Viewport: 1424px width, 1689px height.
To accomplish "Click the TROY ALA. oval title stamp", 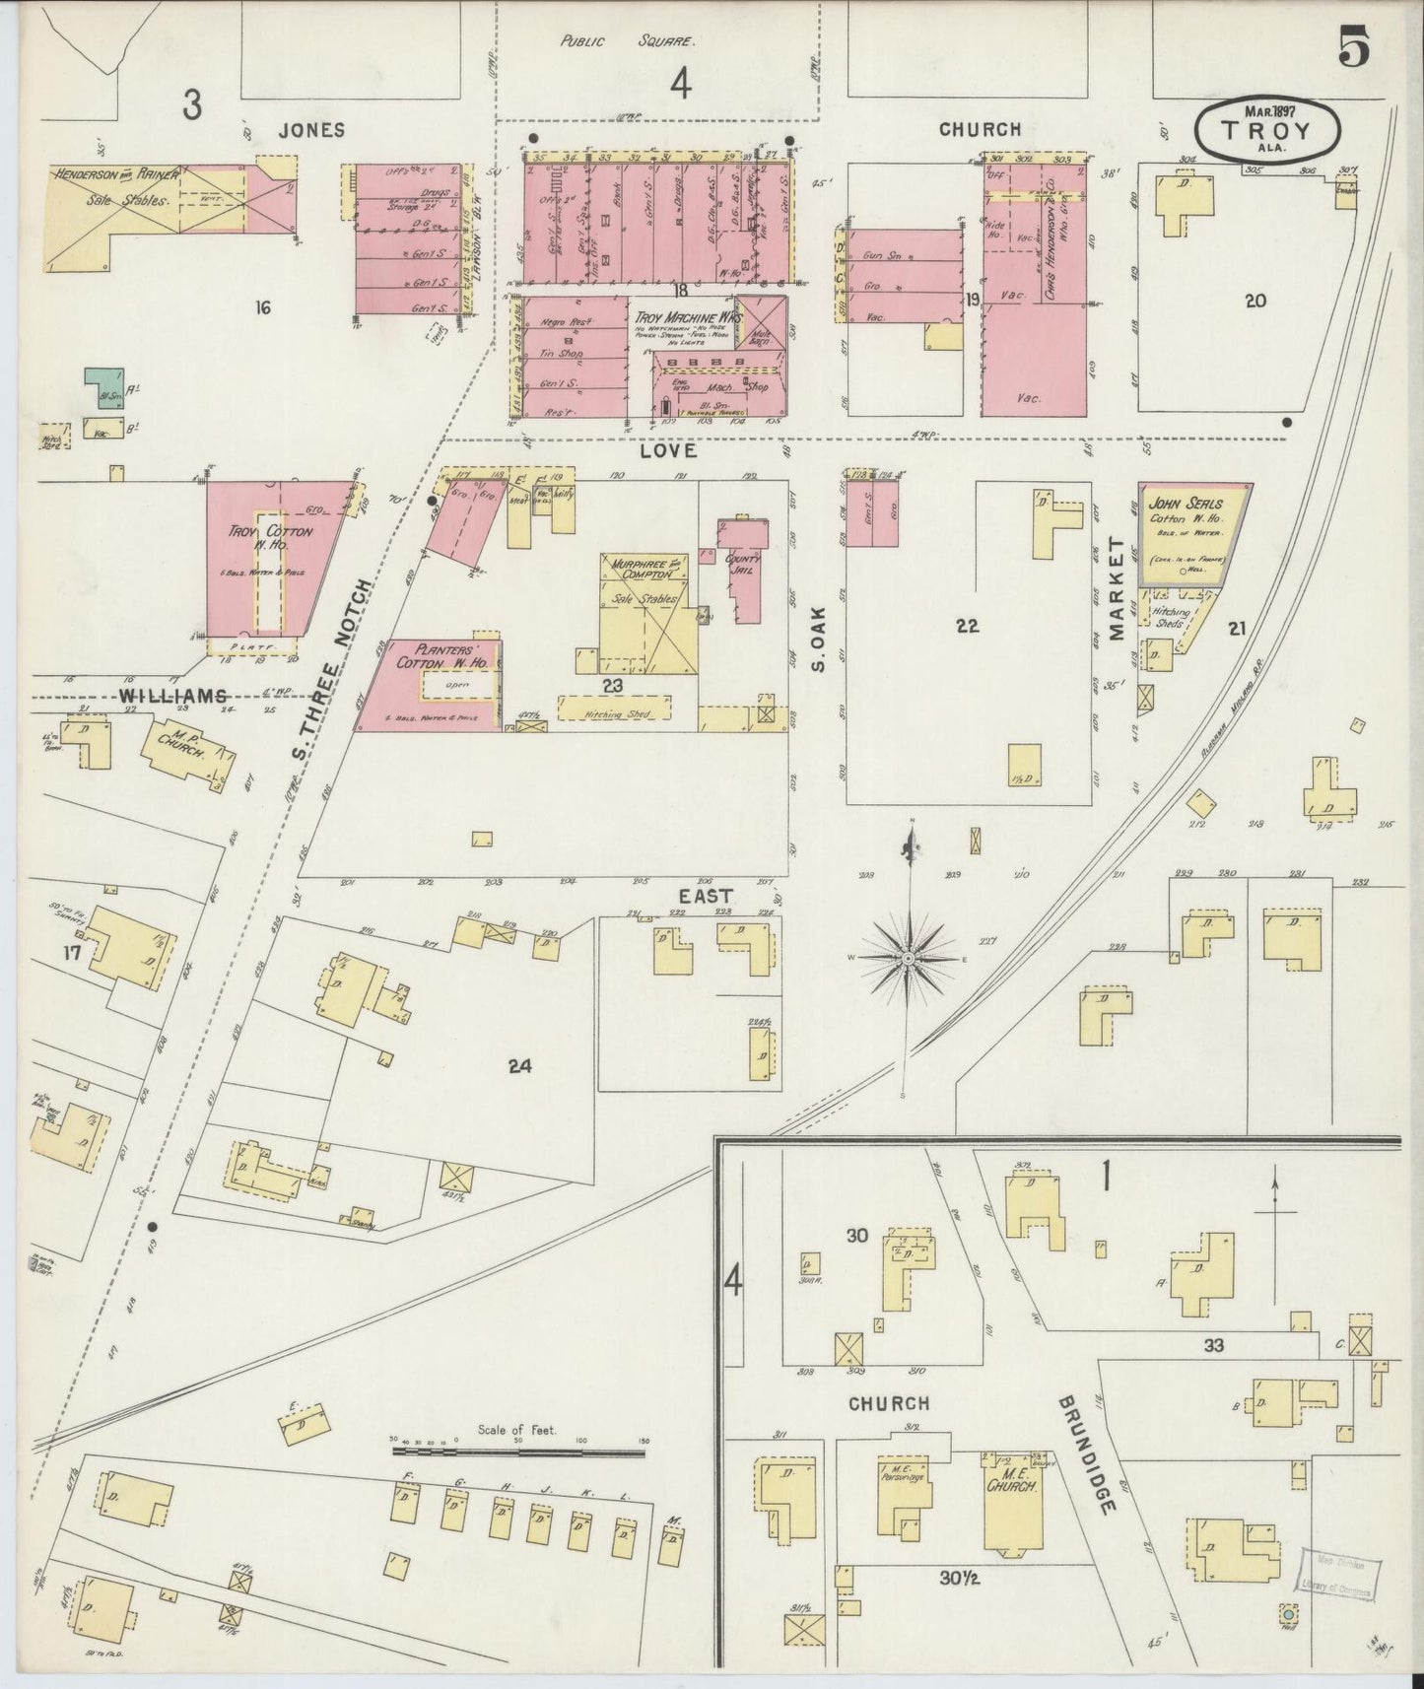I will tap(1267, 129).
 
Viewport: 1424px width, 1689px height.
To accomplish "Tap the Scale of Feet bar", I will tap(518, 1451).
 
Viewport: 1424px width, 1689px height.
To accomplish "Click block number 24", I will tap(519, 1064).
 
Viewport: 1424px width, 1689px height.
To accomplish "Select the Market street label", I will tap(1117, 589).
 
